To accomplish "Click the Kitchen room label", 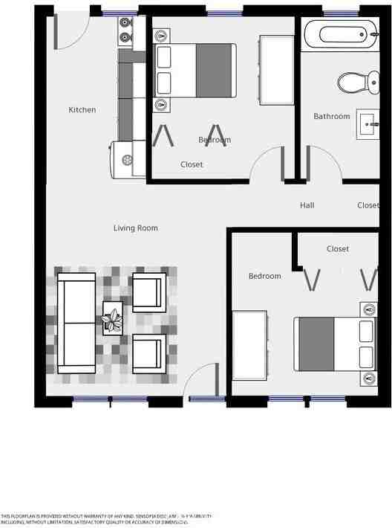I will pyautogui.click(x=82, y=110).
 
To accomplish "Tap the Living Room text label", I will pyautogui.click(x=135, y=228).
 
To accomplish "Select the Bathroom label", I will pyautogui.click(x=331, y=116).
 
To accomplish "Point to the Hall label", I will pyautogui.click(x=307, y=205).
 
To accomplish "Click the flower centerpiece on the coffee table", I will pyautogui.click(x=114, y=320).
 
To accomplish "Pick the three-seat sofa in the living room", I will pyautogui.click(x=77, y=323).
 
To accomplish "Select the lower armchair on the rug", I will pyautogui.click(x=148, y=352).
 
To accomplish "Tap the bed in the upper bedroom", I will pyautogui.click(x=195, y=71).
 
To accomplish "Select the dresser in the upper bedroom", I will pyautogui.click(x=275, y=70).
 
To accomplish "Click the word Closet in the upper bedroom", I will pyautogui.click(x=192, y=164).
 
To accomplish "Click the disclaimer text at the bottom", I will pyautogui.click(x=108, y=519).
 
